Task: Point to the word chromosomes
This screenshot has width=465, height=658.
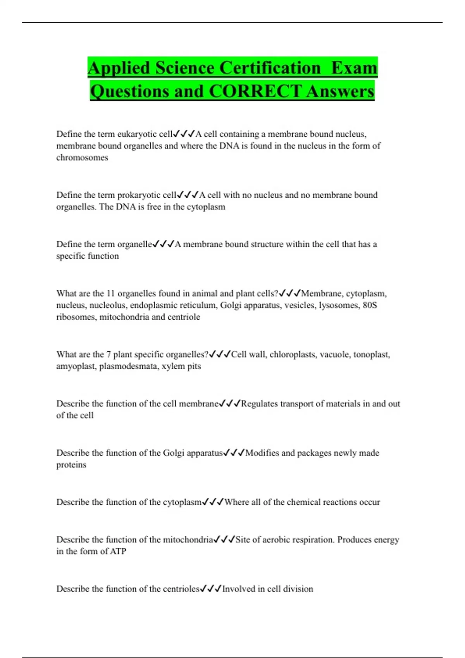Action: [x=82, y=158]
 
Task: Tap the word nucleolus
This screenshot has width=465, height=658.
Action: [x=107, y=305]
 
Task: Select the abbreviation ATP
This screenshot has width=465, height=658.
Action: [x=118, y=551]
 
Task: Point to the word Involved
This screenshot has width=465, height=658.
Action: [x=239, y=589]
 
